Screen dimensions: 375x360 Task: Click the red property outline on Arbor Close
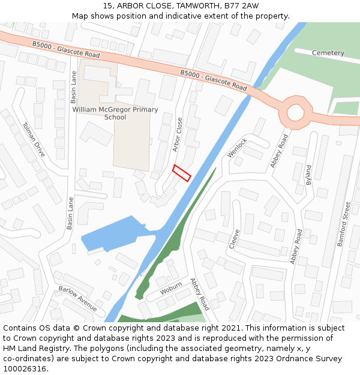(x=182, y=173)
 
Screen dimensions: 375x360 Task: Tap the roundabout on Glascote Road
(x=295, y=112)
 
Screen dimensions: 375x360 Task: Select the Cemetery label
(x=328, y=53)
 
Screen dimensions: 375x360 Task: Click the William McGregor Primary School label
(x=115, y=113)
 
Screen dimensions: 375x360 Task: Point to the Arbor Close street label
(x=178, y=134)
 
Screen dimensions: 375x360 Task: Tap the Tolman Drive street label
(x=34, y=140)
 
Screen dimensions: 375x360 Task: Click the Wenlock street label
(x=237, y=148)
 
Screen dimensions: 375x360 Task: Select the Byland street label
(x=309, y=175)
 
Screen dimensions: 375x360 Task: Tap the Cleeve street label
(x=235, y=239)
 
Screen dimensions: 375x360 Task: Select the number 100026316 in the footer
(x=25, y=369)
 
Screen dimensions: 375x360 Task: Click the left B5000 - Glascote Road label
(x=66, y=50)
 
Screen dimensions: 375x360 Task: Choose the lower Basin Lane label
(x=70, y=213)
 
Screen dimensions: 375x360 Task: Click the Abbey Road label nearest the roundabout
(x=279, y=151)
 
